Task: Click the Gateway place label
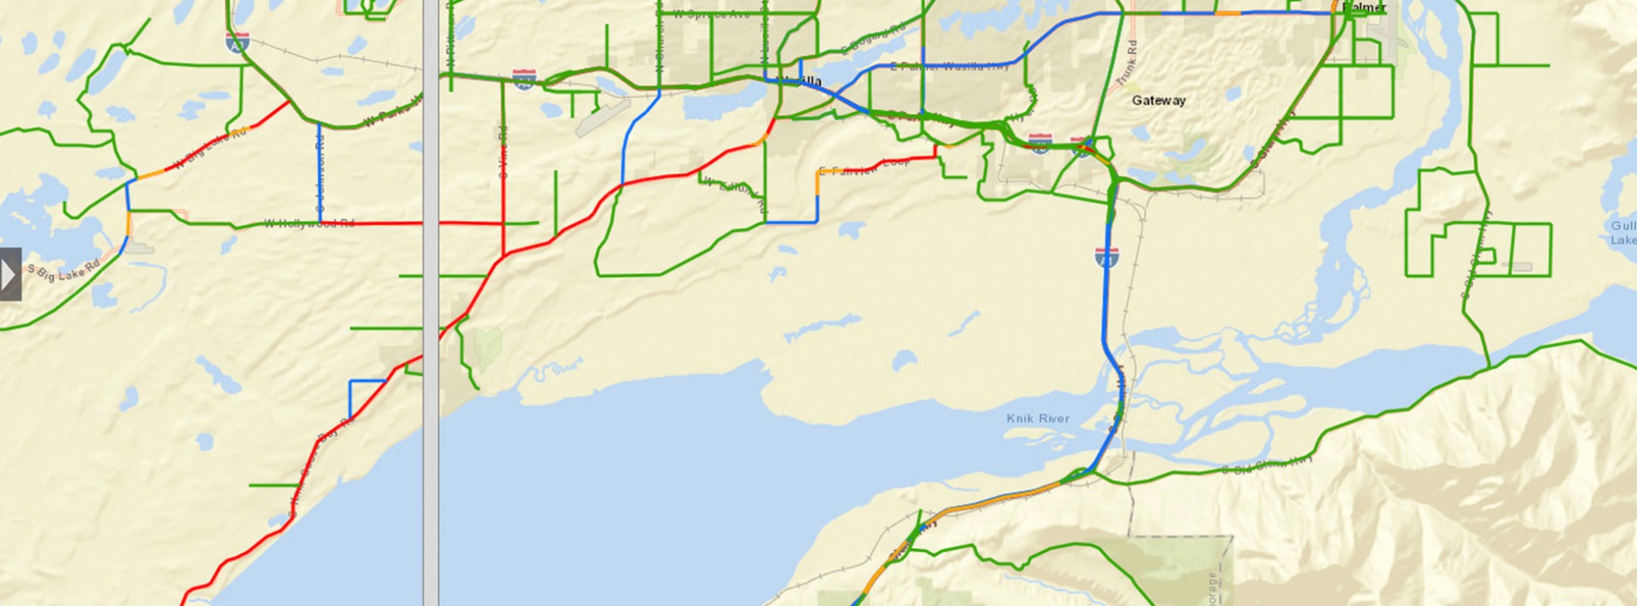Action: click(1158, 101)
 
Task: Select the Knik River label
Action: click(1038, 418)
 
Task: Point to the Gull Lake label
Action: click(1623, 233)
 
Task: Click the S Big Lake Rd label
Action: click(64, 272)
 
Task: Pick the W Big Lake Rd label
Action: click(210, 147)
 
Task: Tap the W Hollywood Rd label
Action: click(309, 223)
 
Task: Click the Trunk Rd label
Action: click(1127, 61)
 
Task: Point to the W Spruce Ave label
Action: click(711, 14)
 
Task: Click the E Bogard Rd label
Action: click(873, 39)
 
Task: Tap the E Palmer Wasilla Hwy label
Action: click(948, 66)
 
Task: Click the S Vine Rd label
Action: click(503, 152)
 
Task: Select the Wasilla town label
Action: click(801, 81)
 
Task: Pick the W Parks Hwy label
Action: click(393, 112)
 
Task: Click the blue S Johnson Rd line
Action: click(320, 170)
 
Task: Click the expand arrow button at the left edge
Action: click(9, 274)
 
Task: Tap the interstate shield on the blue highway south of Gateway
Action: click(1107, 256)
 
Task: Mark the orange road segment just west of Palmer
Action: click(1227, 14)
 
